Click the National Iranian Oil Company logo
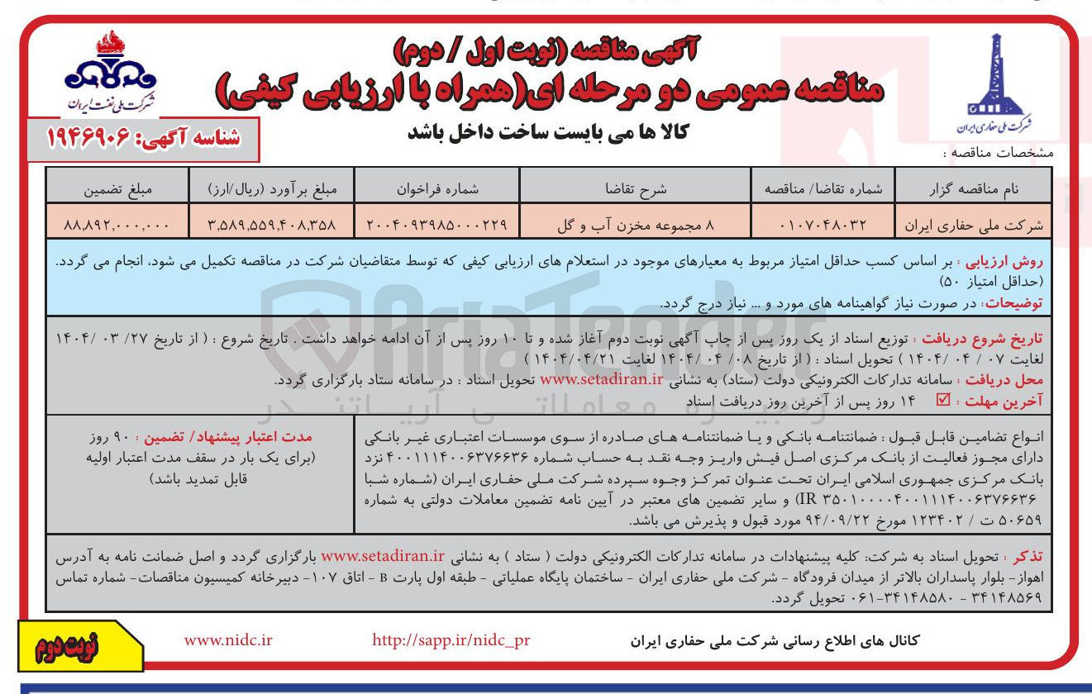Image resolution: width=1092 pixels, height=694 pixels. click(x=112, y=74)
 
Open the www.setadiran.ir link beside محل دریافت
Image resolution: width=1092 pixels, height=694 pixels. click(x=602, y=379)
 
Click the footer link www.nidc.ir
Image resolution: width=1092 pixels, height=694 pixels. click(x=228, y=640)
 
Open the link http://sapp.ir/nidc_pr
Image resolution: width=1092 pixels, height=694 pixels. click(x=451, y=640)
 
